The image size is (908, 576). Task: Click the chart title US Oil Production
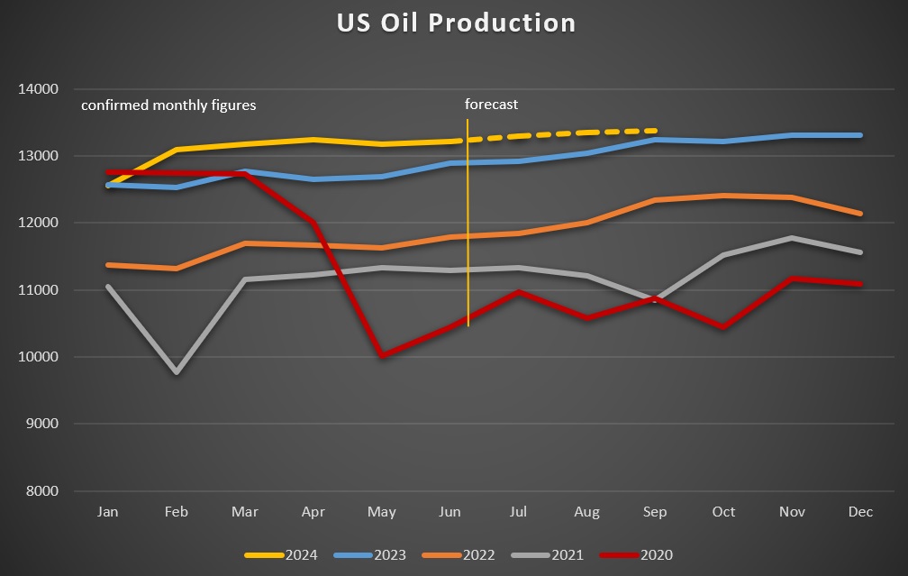coord(456,23)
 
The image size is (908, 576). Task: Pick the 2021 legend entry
coord(539,554)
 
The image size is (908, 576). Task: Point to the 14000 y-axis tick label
coord(37,89)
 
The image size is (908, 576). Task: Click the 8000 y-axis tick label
coord(40,491)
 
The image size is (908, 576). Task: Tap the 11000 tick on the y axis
coord(37,290)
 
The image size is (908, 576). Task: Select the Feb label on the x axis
coord(176,512)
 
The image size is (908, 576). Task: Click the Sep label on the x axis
coord(655,512)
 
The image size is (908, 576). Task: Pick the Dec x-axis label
coord(860,512)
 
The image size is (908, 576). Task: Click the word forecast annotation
coord(491,105)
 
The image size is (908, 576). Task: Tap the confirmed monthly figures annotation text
coord(168,105)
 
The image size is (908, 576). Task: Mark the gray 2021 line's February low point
coord(177,371)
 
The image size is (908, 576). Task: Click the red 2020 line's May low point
coord(382,355)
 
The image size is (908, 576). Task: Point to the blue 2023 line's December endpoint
coord(861,135)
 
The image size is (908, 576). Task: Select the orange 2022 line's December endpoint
coord(861,214)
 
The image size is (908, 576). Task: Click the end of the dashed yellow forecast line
coord(656,131)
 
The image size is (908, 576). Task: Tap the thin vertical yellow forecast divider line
coord(468,270)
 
